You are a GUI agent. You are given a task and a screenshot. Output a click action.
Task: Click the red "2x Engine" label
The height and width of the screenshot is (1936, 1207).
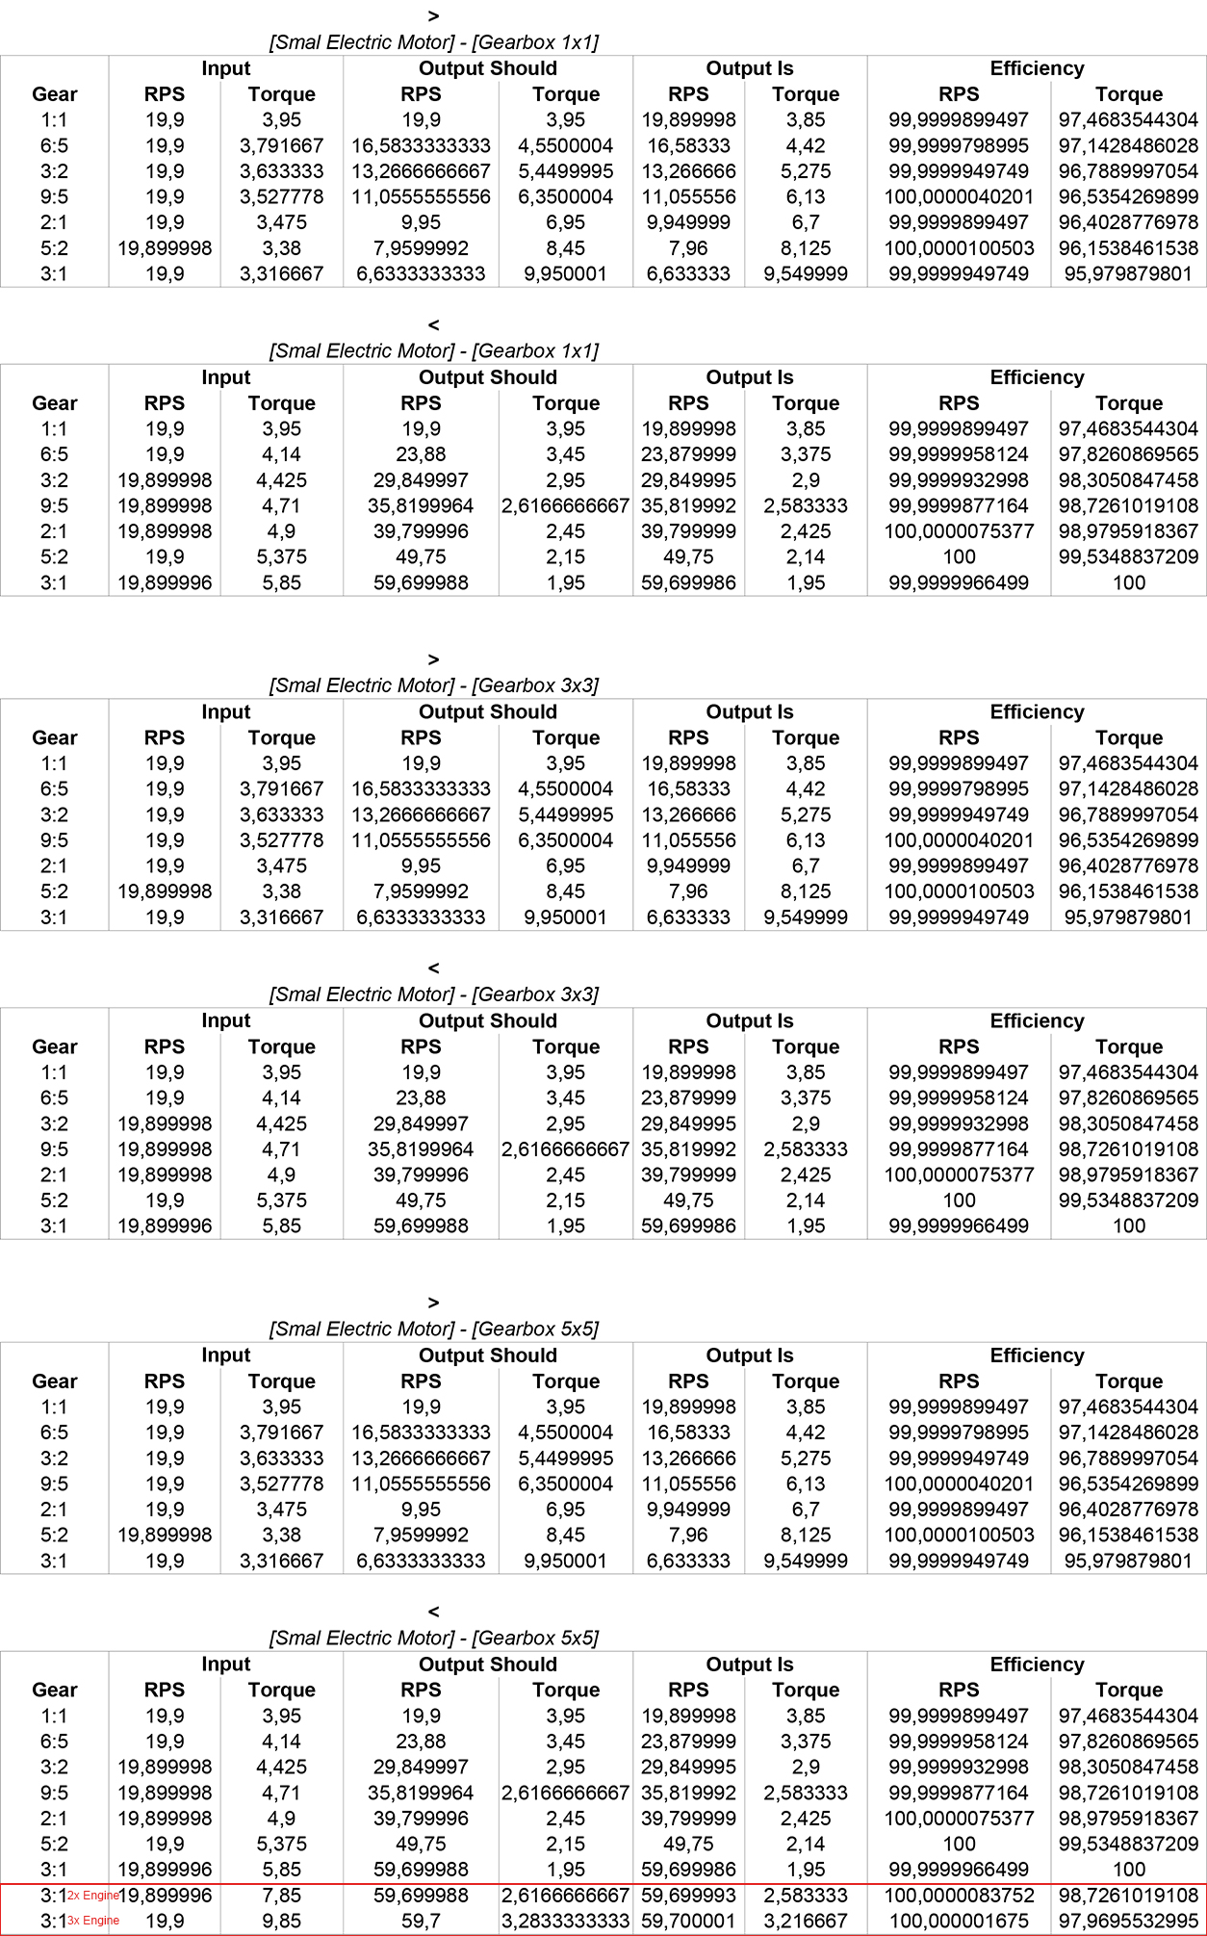(93, 1896)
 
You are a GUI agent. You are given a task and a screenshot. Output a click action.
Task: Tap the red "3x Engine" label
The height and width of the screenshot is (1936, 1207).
(93, 1921)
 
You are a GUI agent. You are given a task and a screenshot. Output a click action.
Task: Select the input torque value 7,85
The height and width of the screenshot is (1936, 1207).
(281, 1896)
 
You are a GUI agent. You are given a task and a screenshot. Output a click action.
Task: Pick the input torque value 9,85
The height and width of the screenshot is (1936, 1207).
(281, 1921)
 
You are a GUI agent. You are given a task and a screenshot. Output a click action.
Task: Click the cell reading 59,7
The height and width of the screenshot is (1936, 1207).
(421, 1921)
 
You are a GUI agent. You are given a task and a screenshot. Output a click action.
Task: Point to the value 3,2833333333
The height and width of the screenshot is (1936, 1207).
(565, 1921)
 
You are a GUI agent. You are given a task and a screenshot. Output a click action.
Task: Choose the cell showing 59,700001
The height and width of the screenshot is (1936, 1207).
(688, 1921)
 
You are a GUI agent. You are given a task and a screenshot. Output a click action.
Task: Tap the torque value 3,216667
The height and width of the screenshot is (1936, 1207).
(806, 1921)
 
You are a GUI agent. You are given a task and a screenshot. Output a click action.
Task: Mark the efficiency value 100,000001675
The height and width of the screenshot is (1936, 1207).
(959, 1921)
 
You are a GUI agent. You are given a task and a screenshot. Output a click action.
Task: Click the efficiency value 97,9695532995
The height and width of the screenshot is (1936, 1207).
(1128, 1921)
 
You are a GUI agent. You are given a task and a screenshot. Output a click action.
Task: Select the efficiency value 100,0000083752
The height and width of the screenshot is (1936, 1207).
(959, 1896)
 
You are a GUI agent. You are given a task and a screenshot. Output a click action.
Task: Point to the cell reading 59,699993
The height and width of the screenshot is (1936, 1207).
(688, 1896)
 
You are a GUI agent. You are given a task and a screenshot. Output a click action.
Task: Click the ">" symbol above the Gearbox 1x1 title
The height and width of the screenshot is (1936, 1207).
(433, 16)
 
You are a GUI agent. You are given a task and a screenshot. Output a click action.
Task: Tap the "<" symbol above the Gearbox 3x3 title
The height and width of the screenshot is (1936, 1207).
(433, 968)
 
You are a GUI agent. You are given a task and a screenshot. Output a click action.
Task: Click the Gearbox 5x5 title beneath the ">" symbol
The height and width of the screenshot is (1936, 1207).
(433, 1329)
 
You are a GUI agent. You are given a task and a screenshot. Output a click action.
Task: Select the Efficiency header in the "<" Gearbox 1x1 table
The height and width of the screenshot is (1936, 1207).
(1037, 377)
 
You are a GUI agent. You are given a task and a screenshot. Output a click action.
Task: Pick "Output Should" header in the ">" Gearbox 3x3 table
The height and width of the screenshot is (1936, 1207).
(487, 712)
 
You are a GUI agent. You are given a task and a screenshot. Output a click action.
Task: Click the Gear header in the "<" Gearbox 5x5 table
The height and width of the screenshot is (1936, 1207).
(54, 1690)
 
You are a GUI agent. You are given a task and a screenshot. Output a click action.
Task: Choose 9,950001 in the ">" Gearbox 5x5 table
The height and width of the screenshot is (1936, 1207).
(565, 1561)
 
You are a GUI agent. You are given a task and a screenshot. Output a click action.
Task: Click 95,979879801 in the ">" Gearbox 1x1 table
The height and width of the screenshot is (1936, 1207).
(1128, 274)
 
